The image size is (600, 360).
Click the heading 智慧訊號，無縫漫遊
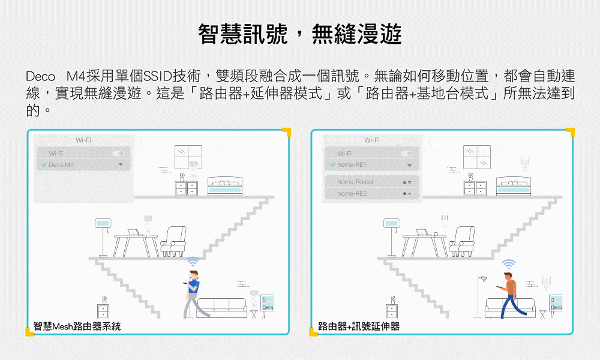(300, 34)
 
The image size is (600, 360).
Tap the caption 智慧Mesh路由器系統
(77, 326)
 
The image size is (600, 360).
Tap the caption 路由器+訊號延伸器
(359, 326)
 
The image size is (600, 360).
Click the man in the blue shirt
(193, 294)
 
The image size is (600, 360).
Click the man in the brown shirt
(509, 294)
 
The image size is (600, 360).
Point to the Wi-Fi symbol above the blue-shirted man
(193, 262)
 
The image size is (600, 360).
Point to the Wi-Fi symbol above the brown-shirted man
(509, 263)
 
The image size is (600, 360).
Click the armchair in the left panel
(173, 241)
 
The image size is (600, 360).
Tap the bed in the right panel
(514, 187)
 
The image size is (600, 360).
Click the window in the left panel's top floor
(188, 157)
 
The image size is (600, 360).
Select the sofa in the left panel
(221, 308)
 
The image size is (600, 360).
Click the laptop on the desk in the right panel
(423, 232)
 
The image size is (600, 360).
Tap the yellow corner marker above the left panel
(286, 132)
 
